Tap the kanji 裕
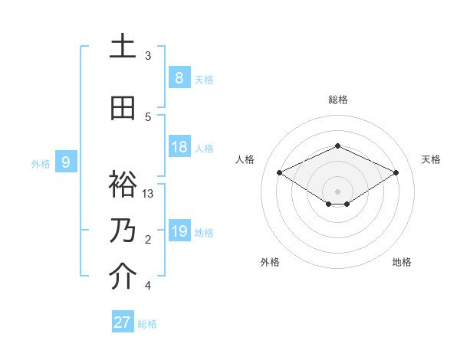click(123, 184)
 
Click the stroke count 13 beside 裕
click(149, 194)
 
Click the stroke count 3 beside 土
click(148, 56)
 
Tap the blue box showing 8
click(179, 77)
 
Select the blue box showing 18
click(179, 147)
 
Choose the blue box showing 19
click(179, 231)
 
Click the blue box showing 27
click(122, 322)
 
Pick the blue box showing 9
click(66, 162)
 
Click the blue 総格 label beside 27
click(147, 324)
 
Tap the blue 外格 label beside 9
click(41, 163)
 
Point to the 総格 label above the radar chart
click(337, 100)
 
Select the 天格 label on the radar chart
click(431, 159)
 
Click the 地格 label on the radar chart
click(402, 262)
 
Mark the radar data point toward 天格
click(396, 173)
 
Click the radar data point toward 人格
click(280, 173)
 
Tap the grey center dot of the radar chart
click(337, 190)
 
